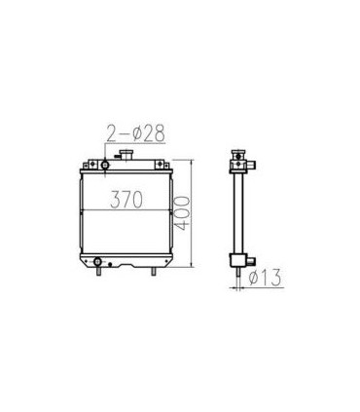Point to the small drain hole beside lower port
click(109, 262)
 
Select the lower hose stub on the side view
click(249, 260)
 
